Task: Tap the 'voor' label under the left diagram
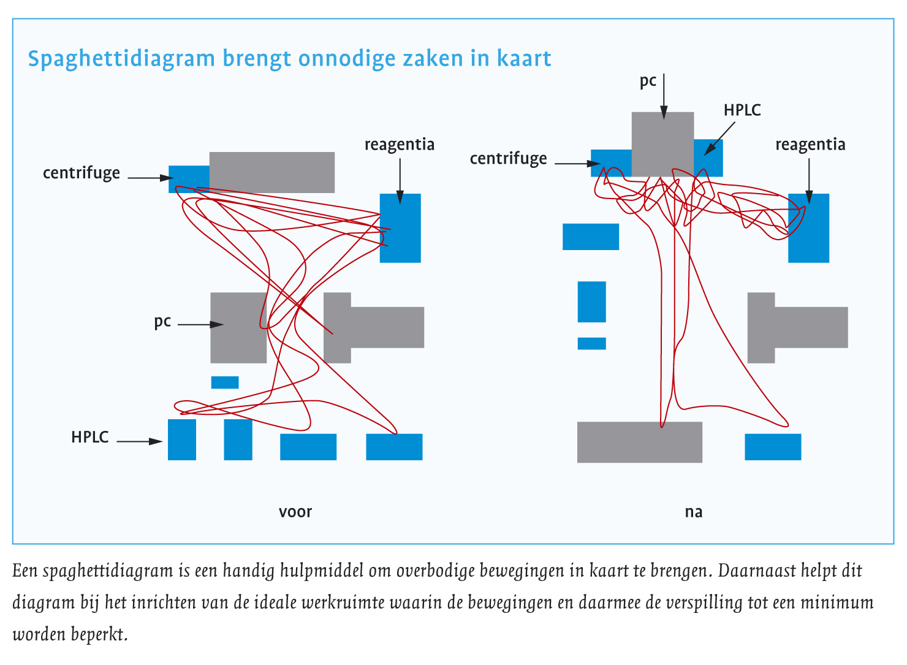point(295,512)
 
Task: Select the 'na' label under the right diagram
point(693,512)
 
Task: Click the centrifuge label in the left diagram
point(82,173)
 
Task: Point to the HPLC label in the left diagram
point(89,437)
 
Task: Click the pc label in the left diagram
point(162,322)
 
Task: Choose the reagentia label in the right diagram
point(810,145)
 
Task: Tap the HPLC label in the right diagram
point(742,110)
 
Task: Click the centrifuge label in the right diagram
point(508,159)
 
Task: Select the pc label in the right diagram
point(648,81)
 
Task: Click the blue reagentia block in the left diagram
point(400,228)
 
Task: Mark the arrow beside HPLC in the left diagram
point(140,441)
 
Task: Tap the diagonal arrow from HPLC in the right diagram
point(719,137)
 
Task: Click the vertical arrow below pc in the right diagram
point(664,96)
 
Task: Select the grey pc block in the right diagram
point(662,144)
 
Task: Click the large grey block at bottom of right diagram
point(639,442)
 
